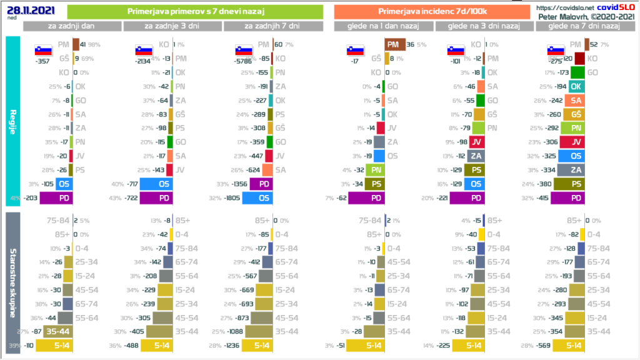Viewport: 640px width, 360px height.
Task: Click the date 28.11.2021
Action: (x=21, y=10)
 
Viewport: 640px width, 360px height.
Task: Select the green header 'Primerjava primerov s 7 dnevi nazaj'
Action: (x=195, y=11)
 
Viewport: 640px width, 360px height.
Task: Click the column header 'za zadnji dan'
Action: (x=72, y=26)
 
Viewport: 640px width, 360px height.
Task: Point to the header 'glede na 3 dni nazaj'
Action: (x=486, y=26)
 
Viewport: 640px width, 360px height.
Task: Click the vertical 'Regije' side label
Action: (x=13, y=122)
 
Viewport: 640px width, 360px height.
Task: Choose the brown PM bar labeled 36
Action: (x=393, y=44)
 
